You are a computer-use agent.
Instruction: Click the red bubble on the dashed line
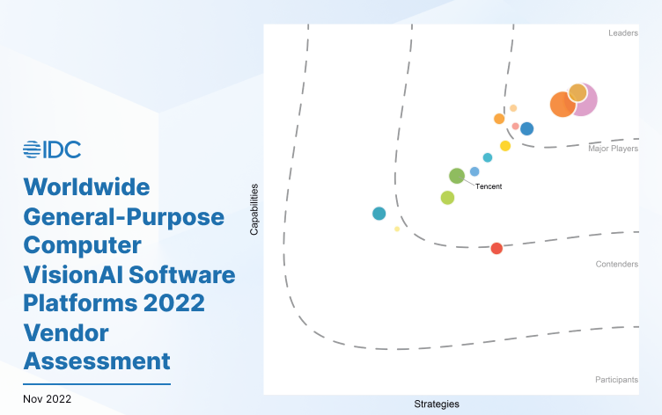click(496, 248)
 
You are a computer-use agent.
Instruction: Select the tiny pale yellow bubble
click(397, 229)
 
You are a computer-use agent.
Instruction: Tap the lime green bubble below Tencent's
click(447, 197)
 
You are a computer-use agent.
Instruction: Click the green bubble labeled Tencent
click(457, 176)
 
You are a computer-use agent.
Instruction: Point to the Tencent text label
click(489, 186)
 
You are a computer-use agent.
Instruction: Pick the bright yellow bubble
click(505, 146)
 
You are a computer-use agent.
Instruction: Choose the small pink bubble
click(515, 126)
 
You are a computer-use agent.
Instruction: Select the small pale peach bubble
click(513, 108)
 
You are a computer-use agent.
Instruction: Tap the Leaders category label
click(623, 33)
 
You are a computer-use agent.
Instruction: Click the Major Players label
click(614, 149)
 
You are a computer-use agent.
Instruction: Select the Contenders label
click(617, 264)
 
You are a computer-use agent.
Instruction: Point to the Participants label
click(616, 380)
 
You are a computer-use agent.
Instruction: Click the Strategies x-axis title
click(437, 404)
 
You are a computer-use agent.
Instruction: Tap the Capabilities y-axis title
click(254, 209)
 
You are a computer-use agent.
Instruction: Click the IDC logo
click(52, 149)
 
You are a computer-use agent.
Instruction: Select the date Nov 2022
click(48, 398)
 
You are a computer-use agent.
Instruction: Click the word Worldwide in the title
click(87, 186)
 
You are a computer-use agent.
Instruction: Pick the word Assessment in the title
click(97, 360)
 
